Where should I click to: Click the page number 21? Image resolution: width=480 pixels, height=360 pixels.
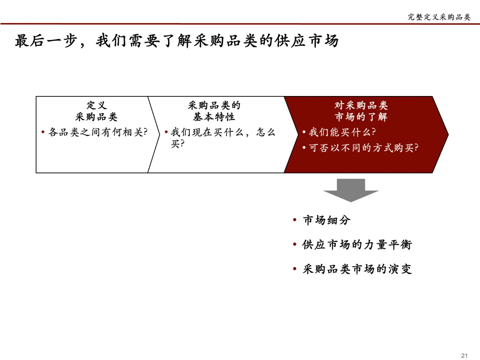coord(465,355)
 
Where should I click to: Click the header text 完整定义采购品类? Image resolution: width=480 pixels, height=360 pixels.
coord(439,17)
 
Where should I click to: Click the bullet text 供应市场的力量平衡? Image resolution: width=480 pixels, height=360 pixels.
coord(357,244)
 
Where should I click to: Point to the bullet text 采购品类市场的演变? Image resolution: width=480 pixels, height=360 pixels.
coord(357,269)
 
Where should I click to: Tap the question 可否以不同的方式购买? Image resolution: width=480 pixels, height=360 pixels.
coord(364,148)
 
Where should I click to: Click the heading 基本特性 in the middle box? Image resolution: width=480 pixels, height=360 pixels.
coord(214,117)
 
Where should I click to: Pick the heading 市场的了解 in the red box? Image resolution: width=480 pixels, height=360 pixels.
coord(361,117)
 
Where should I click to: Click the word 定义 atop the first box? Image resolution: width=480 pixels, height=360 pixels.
coord(96,105)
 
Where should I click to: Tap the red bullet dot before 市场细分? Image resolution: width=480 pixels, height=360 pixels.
coord(295,220)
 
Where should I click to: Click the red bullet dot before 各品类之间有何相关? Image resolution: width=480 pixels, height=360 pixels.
coord(43,132)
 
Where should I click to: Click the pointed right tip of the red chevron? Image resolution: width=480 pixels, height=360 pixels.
coord(447,134)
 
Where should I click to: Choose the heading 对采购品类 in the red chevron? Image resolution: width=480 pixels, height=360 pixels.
coord(361,105)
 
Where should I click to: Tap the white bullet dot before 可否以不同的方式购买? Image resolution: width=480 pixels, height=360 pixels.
coord(304,148)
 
